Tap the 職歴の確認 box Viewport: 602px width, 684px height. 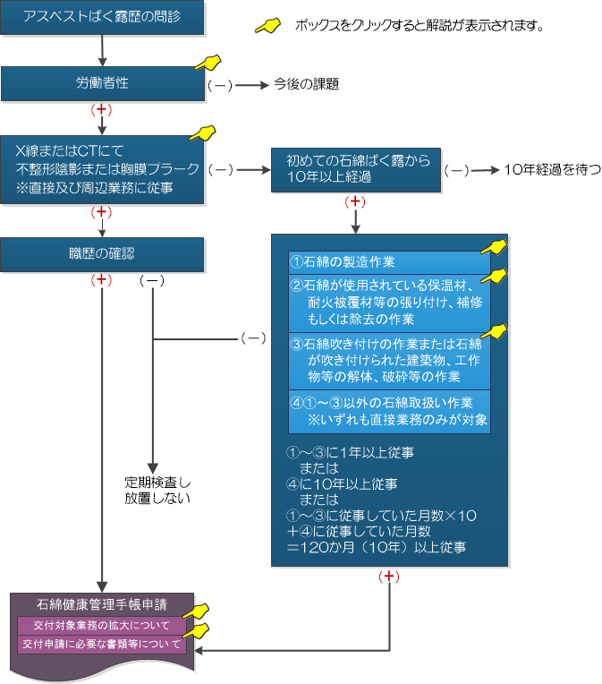[102, 254]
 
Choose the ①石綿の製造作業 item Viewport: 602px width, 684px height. [389, 262]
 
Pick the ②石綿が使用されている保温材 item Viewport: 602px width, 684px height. [389, 303]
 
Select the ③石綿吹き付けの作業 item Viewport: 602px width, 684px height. [389, 359]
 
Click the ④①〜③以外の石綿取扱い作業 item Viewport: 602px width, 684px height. [389, 410]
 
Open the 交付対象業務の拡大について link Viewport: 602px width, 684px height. [102, 625]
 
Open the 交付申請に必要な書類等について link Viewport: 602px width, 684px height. [102, 644]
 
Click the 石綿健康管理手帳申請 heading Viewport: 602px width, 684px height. [102, 604]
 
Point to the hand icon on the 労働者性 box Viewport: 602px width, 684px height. [208, 63]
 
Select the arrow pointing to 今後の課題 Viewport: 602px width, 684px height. [254, 85]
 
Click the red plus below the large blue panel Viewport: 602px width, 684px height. [390, 577]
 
